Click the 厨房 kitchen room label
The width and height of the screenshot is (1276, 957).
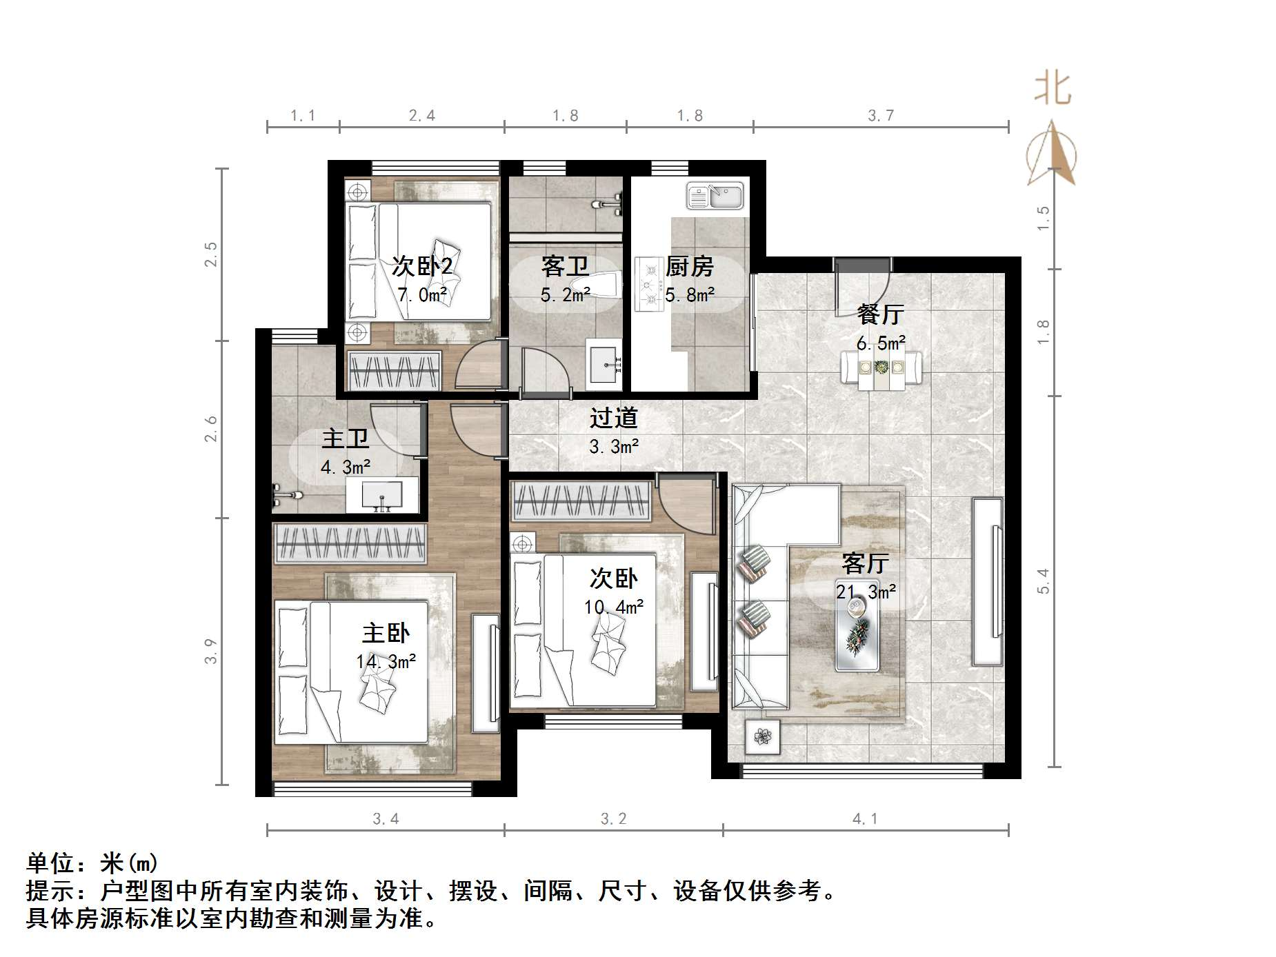[689, 266]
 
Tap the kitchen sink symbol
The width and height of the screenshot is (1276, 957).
[715, 196]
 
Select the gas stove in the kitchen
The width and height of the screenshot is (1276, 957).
[648, 284]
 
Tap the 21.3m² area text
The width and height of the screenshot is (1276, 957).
[866, 592]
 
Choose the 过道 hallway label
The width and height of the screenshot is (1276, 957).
[613, 418]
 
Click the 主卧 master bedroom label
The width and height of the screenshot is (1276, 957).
[386, 633]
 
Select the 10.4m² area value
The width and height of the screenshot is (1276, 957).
[613, 607]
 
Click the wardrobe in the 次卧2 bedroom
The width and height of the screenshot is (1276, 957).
[394, 372]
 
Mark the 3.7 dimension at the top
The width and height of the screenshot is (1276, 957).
[880, 116]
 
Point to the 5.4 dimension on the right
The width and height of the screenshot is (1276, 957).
[1043, 581]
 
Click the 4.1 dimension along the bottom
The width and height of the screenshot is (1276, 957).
[865, 818]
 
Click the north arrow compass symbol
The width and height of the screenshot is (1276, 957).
[1051, 154]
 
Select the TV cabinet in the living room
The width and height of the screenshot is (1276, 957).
[988, 581]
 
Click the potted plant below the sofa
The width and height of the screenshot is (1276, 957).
[762, 736]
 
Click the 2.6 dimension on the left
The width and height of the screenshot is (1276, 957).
[211, 429]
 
